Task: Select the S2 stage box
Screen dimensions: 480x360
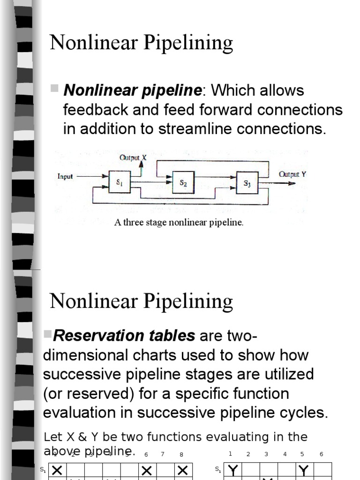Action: (x=184, y=183)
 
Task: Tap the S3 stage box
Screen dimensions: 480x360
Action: (x=247, y=184)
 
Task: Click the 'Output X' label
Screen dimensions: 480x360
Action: (x=133, y=158)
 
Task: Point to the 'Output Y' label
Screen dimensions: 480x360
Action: (x=292, y=174)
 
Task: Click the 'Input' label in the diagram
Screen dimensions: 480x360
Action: (x=65, y=177)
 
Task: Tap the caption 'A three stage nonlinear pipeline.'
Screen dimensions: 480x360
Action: (x=179, y=223)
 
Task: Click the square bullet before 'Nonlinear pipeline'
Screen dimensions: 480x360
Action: (x=54, y=88)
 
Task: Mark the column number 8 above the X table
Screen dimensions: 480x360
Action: (x=181, y=454)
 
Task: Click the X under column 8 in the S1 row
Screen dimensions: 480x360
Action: (x=183, y=470)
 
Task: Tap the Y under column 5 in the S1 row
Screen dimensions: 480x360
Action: (x=303, y=470)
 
